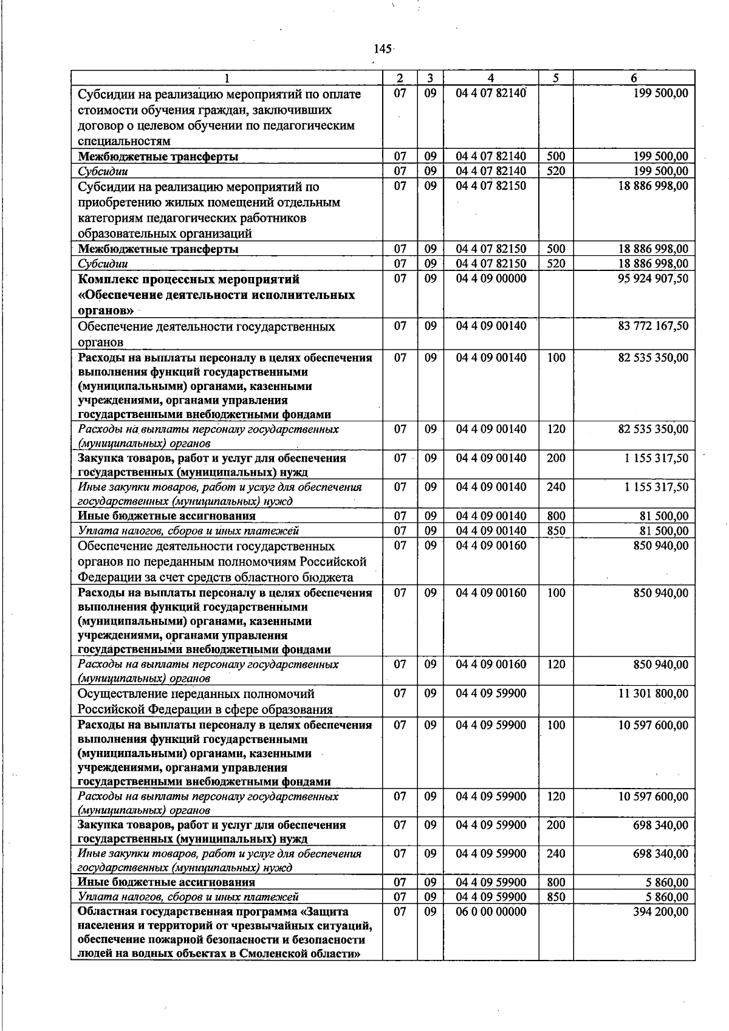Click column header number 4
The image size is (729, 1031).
(490, 78)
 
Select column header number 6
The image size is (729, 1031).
(634, 78)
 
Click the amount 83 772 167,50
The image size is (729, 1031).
(653, 326)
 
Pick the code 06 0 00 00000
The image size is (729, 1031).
(491, 912)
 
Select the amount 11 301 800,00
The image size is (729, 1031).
(653, 694)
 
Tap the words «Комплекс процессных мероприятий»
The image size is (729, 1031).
(189, 279)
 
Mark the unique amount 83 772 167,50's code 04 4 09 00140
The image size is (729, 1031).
(491, 326)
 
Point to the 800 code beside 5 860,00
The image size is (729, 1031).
(556, 882)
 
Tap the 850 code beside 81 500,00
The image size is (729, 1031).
(556, 531)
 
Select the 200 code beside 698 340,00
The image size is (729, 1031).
(556, 825)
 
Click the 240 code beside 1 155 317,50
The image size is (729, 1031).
(556, 487)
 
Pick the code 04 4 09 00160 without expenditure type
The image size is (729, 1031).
(491, 546)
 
